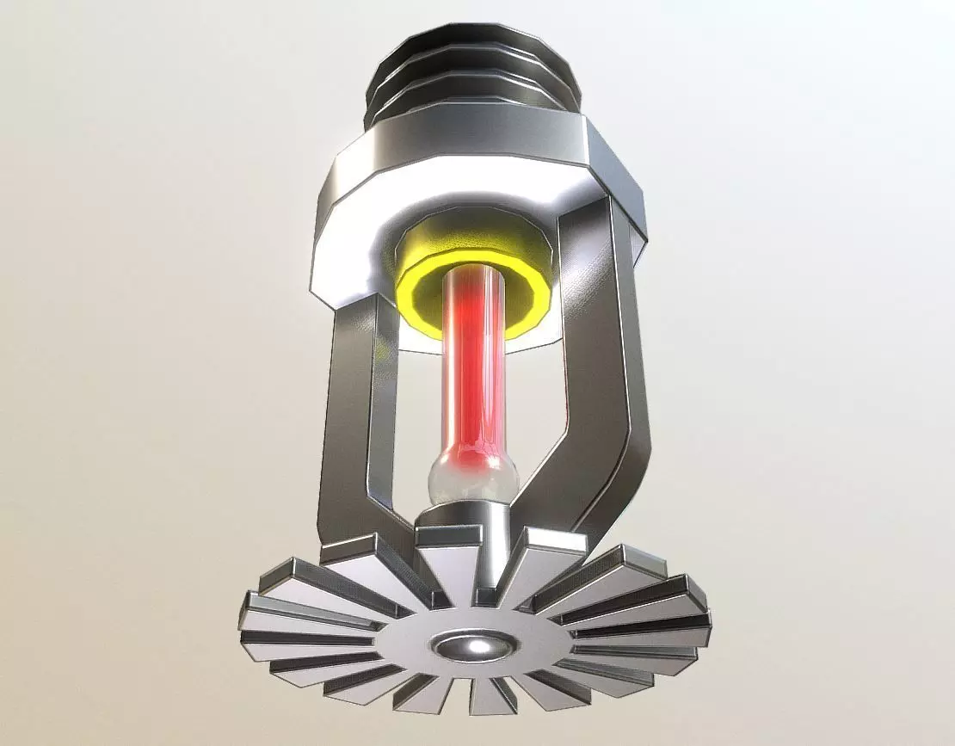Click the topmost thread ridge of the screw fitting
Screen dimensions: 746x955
(x=469, y=39)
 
